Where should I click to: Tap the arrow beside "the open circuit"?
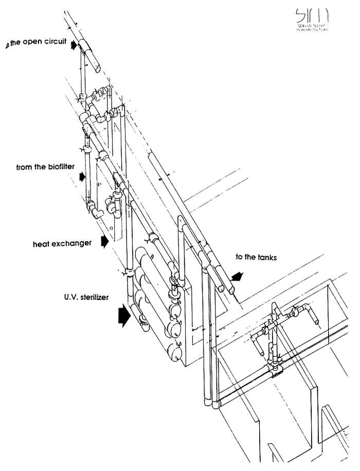point(75,46)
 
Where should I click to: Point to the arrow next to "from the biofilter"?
point(82,177)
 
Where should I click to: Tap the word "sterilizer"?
point(94,297)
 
